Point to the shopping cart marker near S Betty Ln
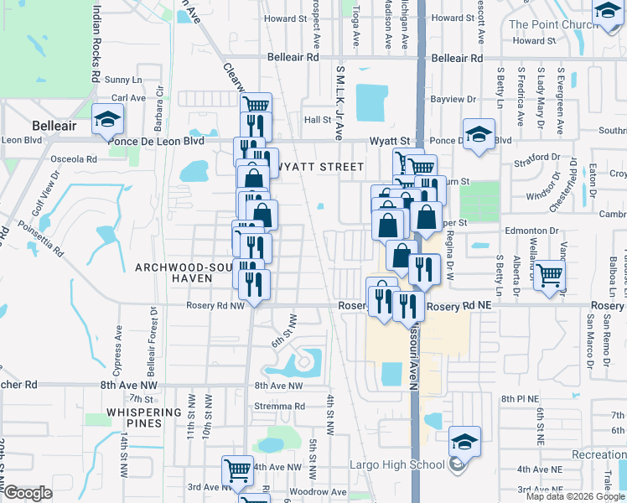pos(549,274)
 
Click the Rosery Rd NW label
pos(215,306)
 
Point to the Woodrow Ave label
pos(318,491)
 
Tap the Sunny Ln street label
pos(124,80)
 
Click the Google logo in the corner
pos(27,493)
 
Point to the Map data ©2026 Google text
pos(574,496)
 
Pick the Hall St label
pos(318,120)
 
